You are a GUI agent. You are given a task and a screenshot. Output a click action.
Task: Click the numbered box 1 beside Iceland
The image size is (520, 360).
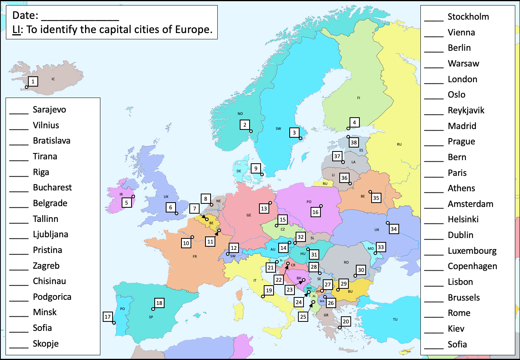33,81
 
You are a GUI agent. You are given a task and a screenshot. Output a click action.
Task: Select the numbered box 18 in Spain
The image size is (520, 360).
159,303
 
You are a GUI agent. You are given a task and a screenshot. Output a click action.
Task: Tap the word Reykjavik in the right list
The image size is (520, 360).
466,111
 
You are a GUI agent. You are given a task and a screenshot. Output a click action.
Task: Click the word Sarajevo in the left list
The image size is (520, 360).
49,110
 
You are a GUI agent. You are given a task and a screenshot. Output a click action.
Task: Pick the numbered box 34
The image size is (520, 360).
394,229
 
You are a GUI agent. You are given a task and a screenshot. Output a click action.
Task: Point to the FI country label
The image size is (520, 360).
358,98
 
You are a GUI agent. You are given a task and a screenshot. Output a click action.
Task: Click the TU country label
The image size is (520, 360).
395,319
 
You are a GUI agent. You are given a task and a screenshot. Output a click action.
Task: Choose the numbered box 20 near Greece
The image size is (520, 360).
346,321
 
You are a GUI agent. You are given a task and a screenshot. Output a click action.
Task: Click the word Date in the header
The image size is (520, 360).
25,15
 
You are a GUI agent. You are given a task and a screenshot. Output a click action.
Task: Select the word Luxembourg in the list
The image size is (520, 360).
472,251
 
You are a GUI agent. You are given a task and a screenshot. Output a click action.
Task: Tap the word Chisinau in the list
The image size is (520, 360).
49,281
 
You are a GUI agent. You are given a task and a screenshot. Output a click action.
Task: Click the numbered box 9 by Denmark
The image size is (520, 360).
256,168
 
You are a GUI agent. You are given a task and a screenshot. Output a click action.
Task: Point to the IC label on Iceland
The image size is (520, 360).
53,79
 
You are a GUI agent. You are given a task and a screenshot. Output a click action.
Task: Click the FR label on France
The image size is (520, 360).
194,257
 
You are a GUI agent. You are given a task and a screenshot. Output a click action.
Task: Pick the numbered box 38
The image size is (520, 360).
354,142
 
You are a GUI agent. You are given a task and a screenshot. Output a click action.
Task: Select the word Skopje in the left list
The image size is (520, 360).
46,344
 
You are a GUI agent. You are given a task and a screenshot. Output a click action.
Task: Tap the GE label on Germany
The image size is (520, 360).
249,215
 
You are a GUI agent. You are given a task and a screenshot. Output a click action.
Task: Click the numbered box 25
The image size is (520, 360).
303,316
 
